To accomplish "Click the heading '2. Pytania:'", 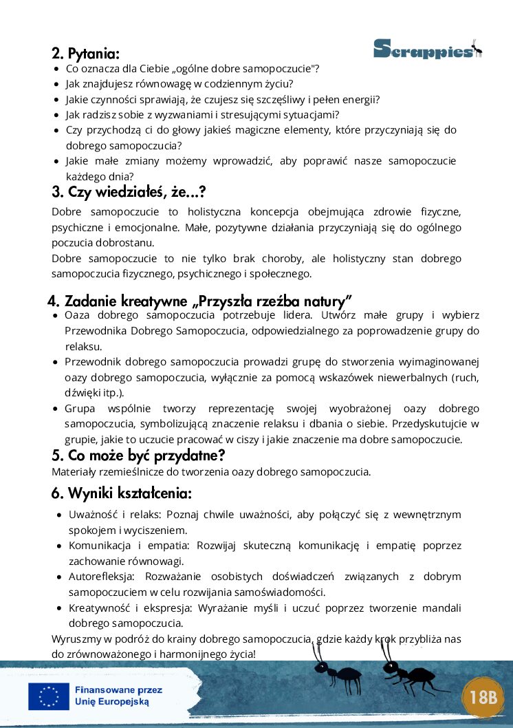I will [85, 54].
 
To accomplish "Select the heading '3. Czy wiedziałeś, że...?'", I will [129, 192].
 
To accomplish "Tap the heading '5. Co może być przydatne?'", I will [138, 456].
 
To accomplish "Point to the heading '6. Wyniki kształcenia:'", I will [121, 493].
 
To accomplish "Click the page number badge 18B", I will [483, 697].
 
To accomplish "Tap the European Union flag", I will [48, 696].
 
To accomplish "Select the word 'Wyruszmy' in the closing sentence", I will [74, 639].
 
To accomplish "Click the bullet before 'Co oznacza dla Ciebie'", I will [56, 69].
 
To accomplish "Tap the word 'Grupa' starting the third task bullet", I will [78, 409].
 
